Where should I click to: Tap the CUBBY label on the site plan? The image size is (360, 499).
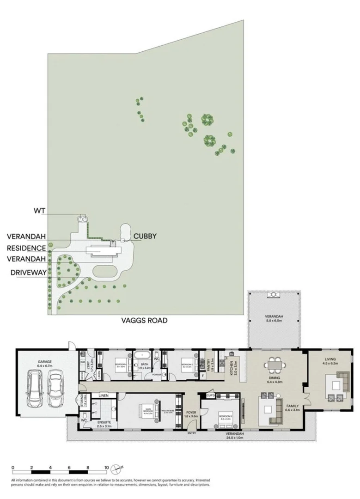[145, 236]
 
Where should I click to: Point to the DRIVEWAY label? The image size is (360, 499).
[29, 272]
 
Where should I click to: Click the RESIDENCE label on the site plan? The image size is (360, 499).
[27, 248]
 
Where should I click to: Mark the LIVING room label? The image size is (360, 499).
[330, 359]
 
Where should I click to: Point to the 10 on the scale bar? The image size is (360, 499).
[106, 467]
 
